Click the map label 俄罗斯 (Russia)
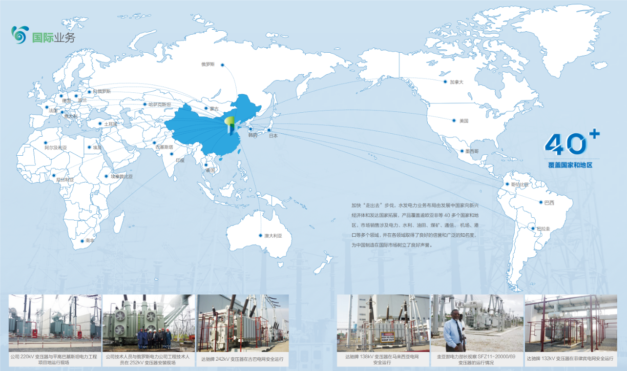(x=208, y=64)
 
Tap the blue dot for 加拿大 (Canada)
(x=445, y=82)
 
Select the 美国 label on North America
(x=464, y=121)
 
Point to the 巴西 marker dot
(x=541, y=202)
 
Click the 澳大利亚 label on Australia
(x=273, y=235)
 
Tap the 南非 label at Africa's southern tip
(x=90, y=241)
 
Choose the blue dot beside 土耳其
(x=100, y=124)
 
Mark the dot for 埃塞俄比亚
(x=106, y=176)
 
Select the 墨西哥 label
(x=472, y=151)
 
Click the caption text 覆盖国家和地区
(x=570, y=165)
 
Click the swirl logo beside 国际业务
(x=20, y=35)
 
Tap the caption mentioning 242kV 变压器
(x=242, y=359)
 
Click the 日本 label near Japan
(x=273, y=136)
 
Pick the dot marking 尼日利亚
(x=54, y=175)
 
